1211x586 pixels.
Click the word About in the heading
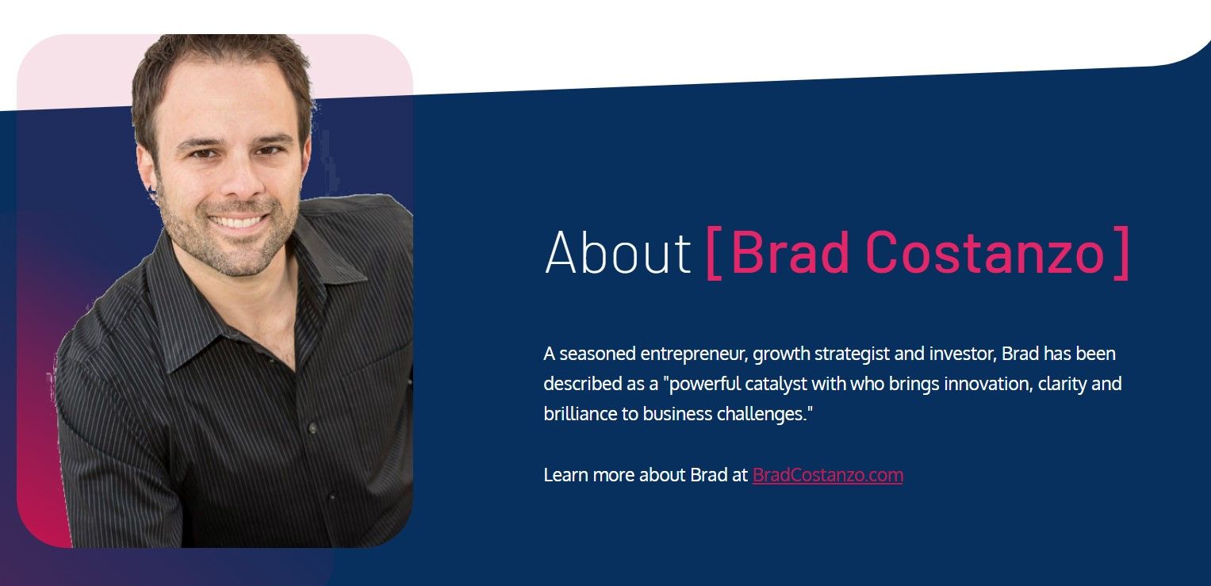(617, 252)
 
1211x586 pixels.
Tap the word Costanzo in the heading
(984, 252)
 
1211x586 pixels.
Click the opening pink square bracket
(715, 253)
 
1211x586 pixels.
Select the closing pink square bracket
(1121, 253)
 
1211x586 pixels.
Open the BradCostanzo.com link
(828, 475)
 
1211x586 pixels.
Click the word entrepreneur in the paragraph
(695, 354)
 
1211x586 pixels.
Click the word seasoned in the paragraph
(597, 354)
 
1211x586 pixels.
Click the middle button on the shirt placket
(312, 428)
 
